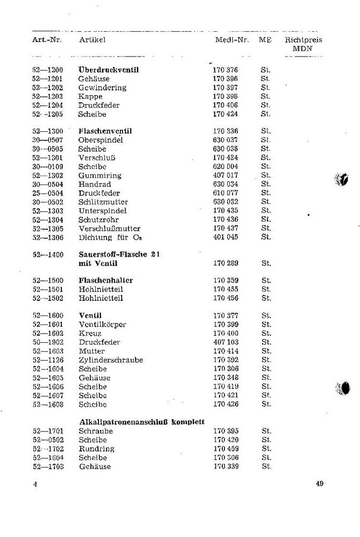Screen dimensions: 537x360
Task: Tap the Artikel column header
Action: tap(92, 40)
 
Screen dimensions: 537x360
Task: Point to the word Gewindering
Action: tap(102, 88)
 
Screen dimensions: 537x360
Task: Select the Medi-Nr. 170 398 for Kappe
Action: tap(225, 96)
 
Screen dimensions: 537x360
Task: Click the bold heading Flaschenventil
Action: tap(105, 131)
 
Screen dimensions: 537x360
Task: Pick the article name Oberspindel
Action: tap(101, 140)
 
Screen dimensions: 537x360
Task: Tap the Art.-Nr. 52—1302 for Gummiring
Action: tap(47, 175)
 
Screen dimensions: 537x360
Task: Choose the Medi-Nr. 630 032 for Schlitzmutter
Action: tap(225, 202)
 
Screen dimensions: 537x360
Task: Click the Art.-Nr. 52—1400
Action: tap(47, 255)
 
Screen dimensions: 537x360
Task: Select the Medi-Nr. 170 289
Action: tap(225, 264)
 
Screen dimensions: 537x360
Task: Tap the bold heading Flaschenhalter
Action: tap(106, 281)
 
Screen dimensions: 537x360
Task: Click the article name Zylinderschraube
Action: tap(111, 360)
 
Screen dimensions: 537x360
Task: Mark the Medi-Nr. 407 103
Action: tap(225, 342)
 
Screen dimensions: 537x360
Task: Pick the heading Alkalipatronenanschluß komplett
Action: tap(142, 422)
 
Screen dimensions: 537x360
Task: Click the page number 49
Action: tap(320, 483)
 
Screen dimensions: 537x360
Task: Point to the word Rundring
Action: tap(96, 449)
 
